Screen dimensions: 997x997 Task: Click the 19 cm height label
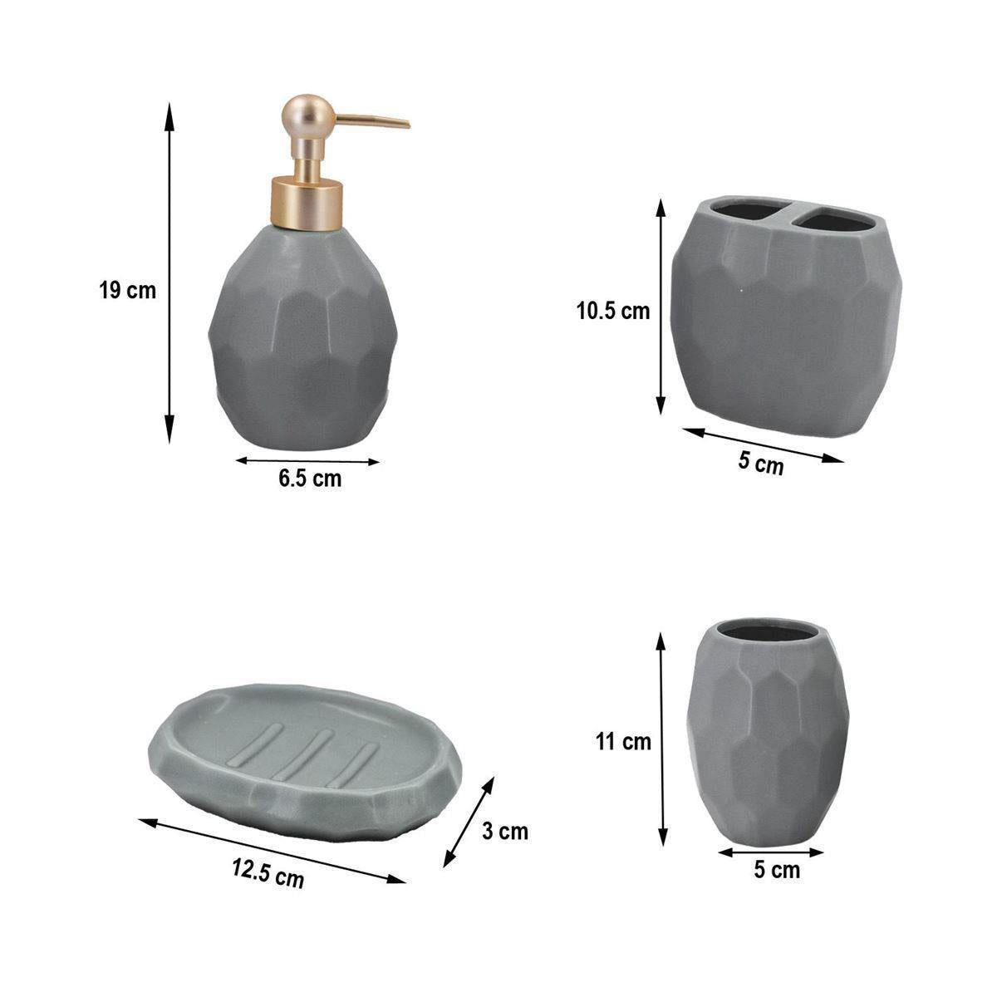[x=127, y=291]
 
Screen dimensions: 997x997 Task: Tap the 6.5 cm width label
[x=310, y=479]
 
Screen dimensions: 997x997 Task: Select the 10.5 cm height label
[x=613, y=312]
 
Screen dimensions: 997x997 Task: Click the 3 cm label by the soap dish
[x=505, y=831]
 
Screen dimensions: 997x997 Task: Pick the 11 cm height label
[x=624, y=741]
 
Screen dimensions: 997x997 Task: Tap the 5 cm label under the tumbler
[x=777, y=870]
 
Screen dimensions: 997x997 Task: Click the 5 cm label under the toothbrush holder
[x=760, y=464]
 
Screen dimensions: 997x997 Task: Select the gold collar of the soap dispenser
[x=307, y=203]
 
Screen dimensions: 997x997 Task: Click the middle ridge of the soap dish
[x=304, y=754]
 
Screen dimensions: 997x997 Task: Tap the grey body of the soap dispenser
[x=302, y=341]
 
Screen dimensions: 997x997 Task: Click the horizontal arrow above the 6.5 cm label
[x=307, y=460]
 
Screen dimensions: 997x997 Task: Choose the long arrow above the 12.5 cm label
[x=272, y=851]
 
